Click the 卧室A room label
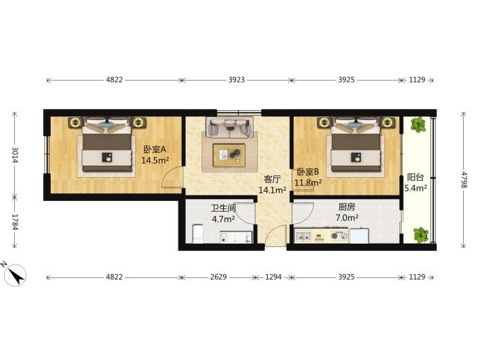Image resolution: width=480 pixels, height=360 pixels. point(155,150)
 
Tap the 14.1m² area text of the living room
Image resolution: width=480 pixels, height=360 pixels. point(272,190)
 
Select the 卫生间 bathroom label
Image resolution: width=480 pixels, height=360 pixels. point(223,208)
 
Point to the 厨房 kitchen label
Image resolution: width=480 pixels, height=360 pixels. point(347,207)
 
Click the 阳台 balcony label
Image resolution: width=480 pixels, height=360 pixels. point(415,177)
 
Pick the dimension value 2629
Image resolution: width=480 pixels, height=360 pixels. point(218,277)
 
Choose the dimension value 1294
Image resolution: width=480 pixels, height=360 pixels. point(273,277)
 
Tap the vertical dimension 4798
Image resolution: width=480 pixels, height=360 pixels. point(464,180)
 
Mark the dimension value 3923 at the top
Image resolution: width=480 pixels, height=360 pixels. point(237,80)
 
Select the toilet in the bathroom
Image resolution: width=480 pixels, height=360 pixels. point(197,234)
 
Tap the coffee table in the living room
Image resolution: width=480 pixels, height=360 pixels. point(229,155)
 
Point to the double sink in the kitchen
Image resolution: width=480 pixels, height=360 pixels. point(303,236)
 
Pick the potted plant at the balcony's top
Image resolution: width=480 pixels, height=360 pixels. point(418,125)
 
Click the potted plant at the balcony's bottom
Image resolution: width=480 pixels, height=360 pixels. point(421,235)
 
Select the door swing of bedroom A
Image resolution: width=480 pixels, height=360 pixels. point(172,177)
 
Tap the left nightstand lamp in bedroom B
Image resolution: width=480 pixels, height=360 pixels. point(324,122)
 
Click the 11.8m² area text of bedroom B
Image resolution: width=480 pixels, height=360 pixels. point(308,183)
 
